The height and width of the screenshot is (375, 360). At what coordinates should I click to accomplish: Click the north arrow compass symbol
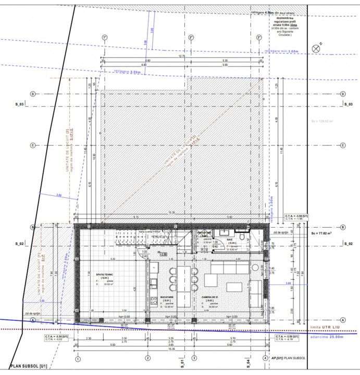pyautogui.click(x=315, y=48)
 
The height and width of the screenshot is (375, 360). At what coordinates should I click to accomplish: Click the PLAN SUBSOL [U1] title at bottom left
pyautogui.click(x=29, y=366)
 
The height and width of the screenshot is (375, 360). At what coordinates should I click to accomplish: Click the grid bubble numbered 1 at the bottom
pyautogui.click(x=78, y=358)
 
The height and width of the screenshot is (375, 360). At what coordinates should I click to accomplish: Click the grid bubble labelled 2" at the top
pyautogui.click(x=191, y=37)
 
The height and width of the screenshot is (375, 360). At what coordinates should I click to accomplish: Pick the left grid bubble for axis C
pyautogui.click(x=33, y=145)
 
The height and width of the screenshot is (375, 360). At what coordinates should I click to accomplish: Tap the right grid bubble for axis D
pyautogui.click(x=343, y=94)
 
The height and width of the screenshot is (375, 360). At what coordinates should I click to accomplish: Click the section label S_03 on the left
pyautogui.click(x=20, y=104)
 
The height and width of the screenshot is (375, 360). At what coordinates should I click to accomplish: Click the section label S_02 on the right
pyautogui.click(x=349, y=243)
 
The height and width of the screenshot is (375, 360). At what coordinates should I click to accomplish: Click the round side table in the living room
pyautogui.click(x=255, y=267)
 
